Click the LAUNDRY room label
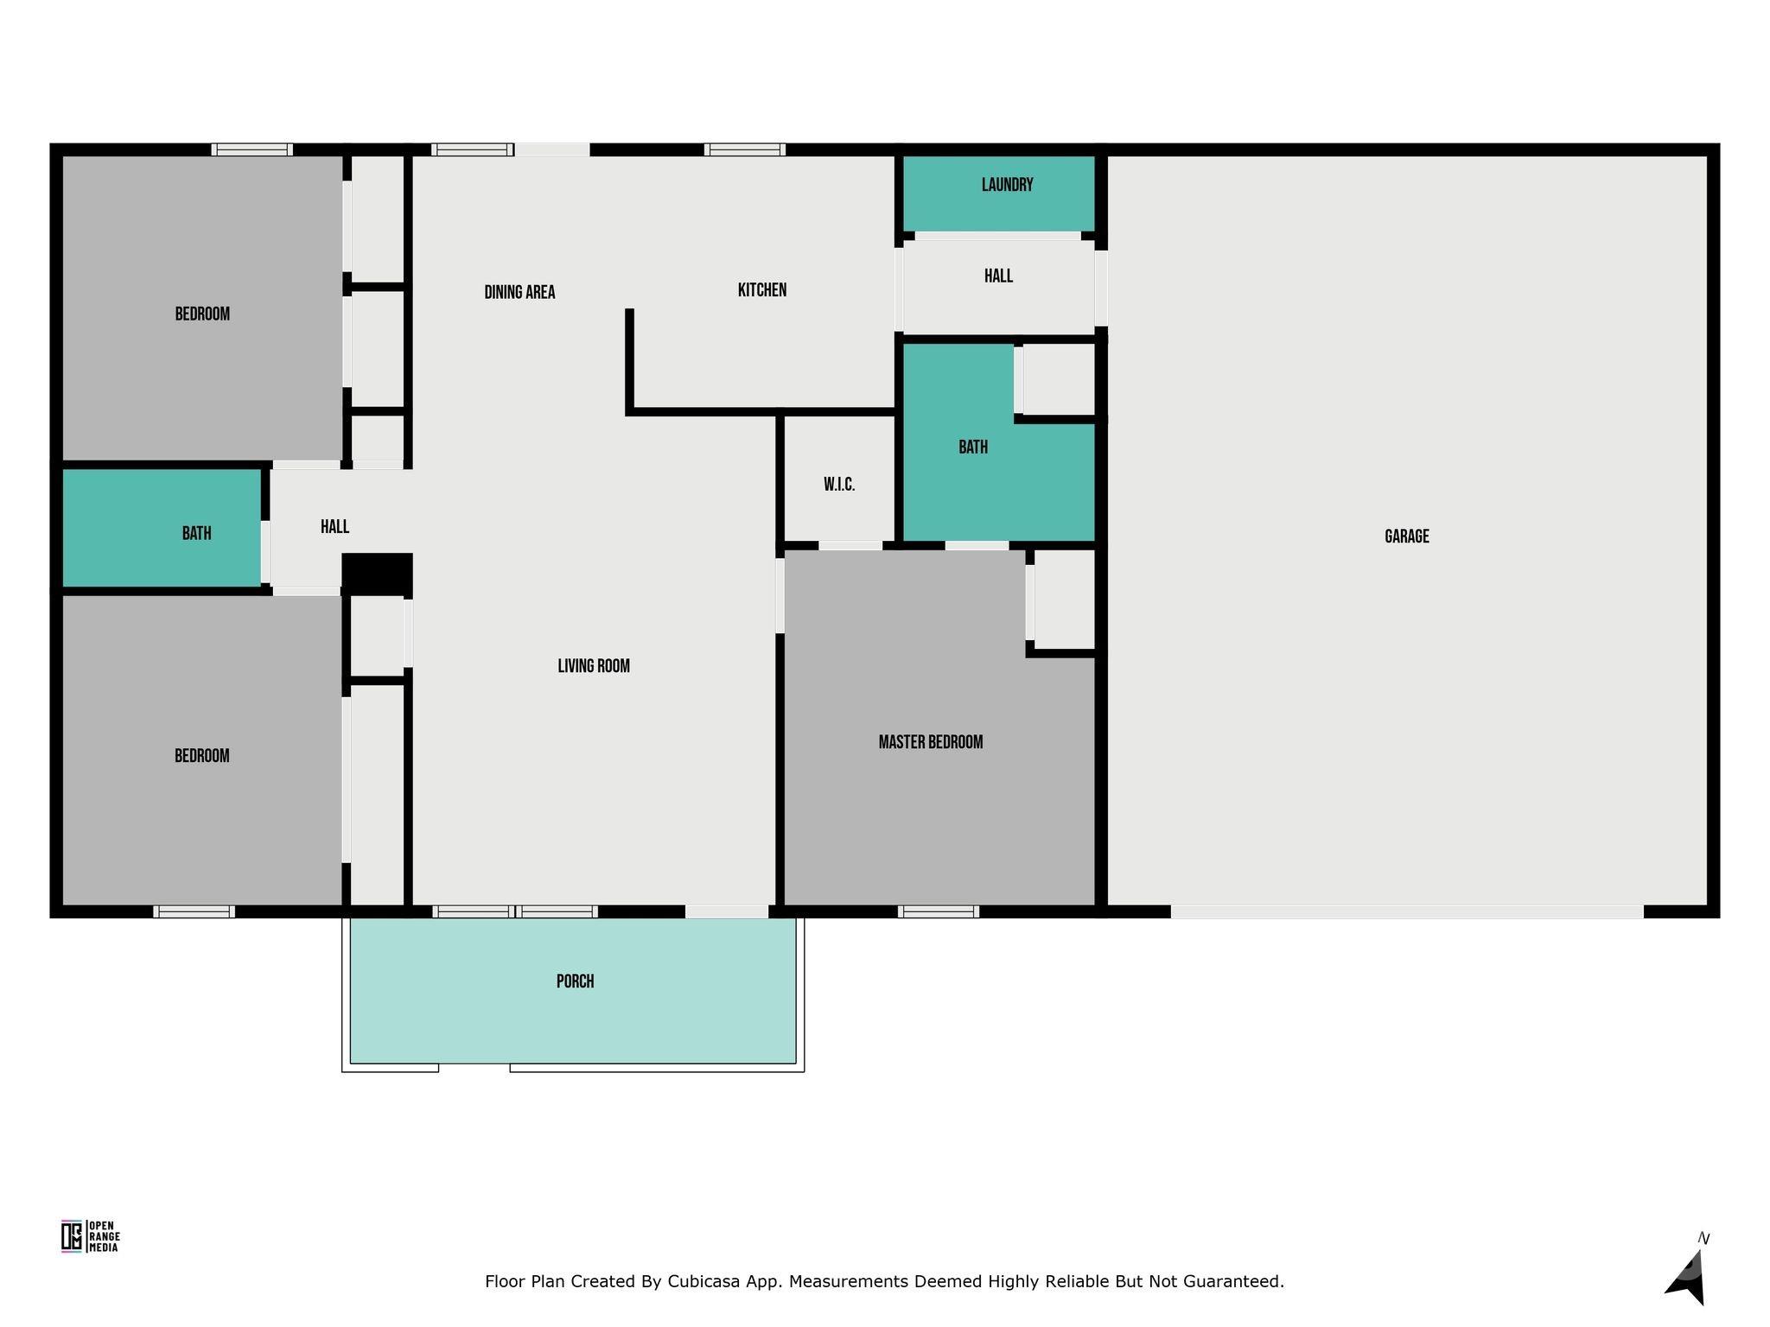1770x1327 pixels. click(x=1007, y=185)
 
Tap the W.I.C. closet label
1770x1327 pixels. click(x=838, y=485)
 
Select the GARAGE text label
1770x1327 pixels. click(x=1406, y=537)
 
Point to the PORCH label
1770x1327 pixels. click(x=575, y=981)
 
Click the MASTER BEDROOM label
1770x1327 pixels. click(x=930, y=742)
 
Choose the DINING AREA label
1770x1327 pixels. click(x=519, y=292)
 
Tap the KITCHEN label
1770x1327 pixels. click(x=761, y=290)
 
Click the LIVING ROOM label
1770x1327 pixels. click(x=593, y=666)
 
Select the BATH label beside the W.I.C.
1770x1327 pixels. click(x=972, y=448)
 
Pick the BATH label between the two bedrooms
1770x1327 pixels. click(x=196, y=534)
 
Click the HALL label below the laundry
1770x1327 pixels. click(x=998, y=276)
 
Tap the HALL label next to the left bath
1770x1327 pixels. click(x=334, y=527)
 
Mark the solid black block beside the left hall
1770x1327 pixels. click(x=377, y=574)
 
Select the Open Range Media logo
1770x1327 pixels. click(x=90, y=1236)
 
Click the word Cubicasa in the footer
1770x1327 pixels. click(x=702, y=1281)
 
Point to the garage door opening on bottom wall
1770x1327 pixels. click(x=1406, y=911)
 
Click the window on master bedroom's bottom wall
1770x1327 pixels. click(x=938, y=911)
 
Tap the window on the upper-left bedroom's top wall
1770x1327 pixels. click(x=251, y=149)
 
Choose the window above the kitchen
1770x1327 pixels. click(x=744, y=149)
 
